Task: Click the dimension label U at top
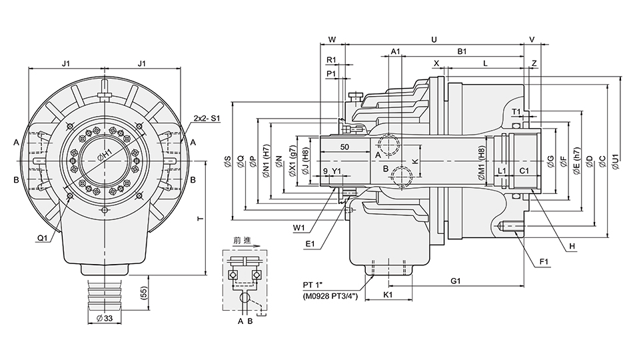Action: (x=434, y=39)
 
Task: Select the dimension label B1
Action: (x=461, y=51)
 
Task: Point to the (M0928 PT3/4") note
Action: (x=331, y=296)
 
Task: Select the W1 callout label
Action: (x=298, y=227)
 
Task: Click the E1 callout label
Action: (x=310, y=244)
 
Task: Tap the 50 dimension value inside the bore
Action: (x=344, y=146)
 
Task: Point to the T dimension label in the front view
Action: (x=200, y=219)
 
